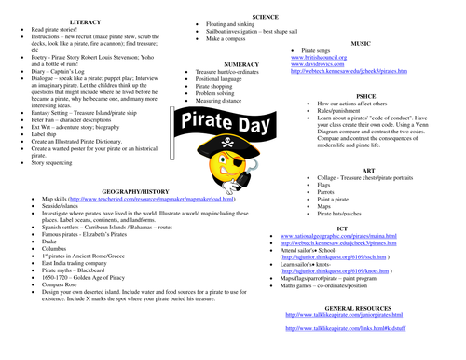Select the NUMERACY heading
pos(240,63)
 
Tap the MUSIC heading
pos(358,42)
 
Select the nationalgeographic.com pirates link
pos(336,237)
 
